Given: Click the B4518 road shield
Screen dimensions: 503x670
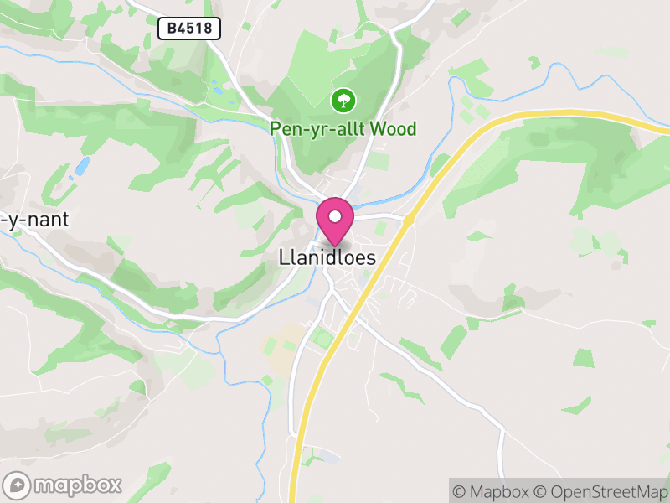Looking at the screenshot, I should pyautogui.click(x=189, y=29).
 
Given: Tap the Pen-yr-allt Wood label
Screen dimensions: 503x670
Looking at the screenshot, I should pyautogui.click(x=343, y=129).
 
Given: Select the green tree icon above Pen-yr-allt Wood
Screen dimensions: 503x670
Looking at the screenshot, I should pyautogui.click(x=343, y=101).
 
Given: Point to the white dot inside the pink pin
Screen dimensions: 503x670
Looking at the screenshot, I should pyautogui.click(x=335, y=217).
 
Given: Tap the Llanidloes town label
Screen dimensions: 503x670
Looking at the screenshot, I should pyautogui.click(x=327, y=257).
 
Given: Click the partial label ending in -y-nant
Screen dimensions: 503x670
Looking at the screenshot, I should pyautogui.click(x=33, y=220).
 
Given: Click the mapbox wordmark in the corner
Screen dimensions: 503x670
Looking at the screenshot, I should pyautogui.click(x=78, y=485).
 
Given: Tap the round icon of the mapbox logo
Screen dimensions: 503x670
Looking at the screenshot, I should pyautogui.click(x=18, y=485).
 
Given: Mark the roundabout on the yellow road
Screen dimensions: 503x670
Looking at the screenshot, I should pyautogui.click(x=408, y=220).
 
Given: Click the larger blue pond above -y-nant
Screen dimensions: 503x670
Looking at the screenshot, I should pyautogui.click(x=82, y=166).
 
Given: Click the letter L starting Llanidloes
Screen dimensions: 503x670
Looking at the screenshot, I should pyautogui.click(x=283, y=257).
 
